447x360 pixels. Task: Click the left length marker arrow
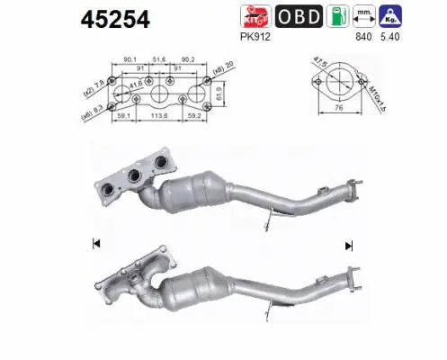click(94, 243)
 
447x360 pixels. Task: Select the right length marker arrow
click(348, 244)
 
